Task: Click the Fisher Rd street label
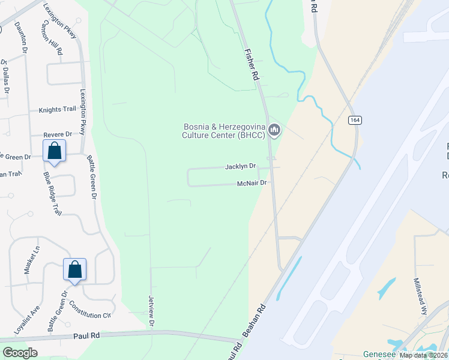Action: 251,64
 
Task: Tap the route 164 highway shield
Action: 354,121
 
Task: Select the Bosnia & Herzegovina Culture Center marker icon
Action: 275,130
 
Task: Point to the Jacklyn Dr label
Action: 241,166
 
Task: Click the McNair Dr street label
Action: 252,183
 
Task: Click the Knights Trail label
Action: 58,110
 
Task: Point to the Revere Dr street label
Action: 58,134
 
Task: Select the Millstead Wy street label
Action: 420,296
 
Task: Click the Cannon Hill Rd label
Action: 53,37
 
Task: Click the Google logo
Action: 20,352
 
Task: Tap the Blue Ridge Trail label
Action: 52,194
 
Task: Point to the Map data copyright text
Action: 423,355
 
